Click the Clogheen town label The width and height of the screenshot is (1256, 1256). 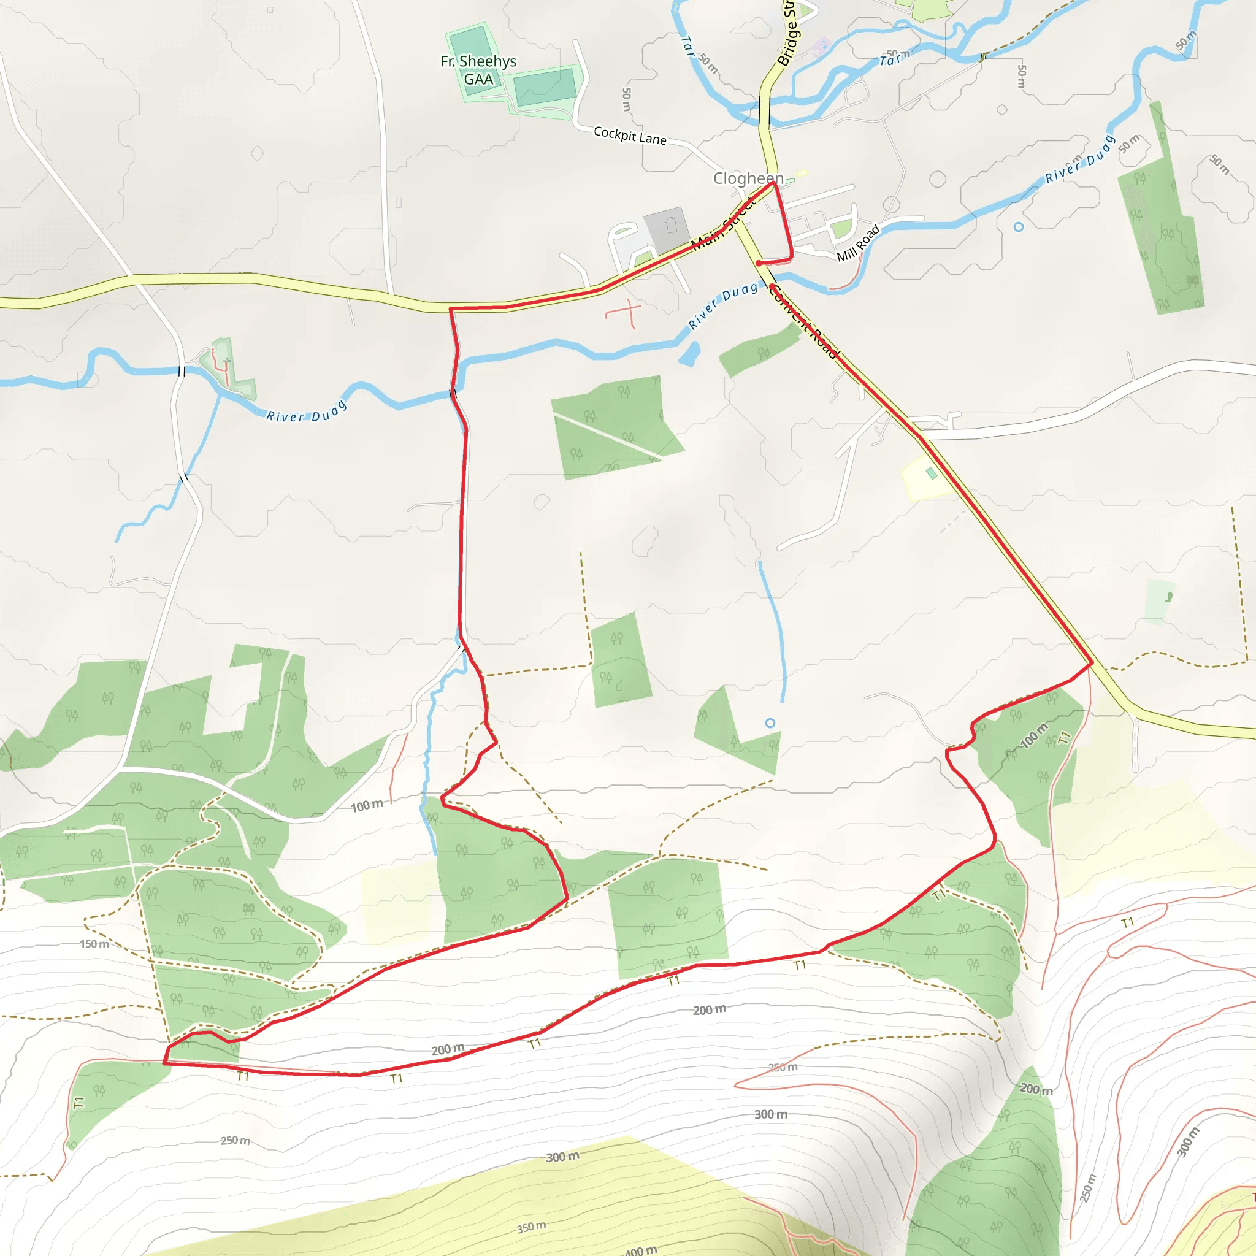748,178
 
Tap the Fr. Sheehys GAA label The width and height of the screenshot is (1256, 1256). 478,70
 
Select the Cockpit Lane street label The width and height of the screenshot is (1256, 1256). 630,135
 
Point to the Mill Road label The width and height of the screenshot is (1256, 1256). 858,243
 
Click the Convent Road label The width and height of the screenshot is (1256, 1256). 803,323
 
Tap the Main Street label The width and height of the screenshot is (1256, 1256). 724,225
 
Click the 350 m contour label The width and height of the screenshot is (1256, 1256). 531,1227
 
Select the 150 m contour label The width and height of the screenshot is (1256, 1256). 94,944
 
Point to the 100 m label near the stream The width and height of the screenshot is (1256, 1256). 367,806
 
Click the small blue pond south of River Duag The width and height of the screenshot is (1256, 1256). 689,354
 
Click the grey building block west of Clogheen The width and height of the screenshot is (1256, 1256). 667,229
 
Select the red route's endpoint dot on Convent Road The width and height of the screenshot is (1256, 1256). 759,263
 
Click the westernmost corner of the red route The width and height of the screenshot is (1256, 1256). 164,1063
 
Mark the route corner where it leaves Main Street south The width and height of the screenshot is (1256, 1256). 451,309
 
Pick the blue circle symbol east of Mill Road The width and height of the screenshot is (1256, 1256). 1019,227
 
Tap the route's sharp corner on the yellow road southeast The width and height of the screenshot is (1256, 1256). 1092,663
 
